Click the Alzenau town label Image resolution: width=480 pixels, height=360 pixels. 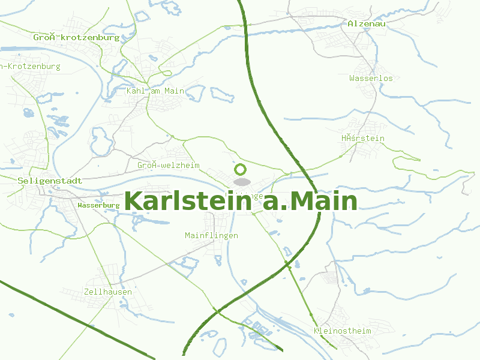pyautogui.click(x=366, y=23)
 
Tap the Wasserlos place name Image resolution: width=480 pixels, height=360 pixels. pyautogui.click(x=371, y=78)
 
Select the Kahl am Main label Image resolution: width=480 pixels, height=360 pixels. pyautogui.click(x=155, y=91)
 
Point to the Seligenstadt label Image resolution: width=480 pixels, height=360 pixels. pyautogui.click(x=50, y=180)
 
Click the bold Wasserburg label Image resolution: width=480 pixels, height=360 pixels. pyautogui.click(x=98, y=205)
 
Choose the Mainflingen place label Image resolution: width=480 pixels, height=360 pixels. pyautogui.click(x=211, y=235)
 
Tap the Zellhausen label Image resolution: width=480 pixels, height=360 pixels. pyautogui.click(x=108, y=292)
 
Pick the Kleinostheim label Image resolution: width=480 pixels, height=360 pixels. pyautogui.click(x=342, y=331)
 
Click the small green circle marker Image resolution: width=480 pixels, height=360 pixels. pyautogui.click(x=241, y=169)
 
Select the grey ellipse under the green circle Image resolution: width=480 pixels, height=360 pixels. pyautogui.click(x=241, y=181)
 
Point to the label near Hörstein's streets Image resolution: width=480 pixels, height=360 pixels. pyautogui.click(x=363, y=139)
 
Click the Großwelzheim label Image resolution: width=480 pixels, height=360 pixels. pyautogui.click(x=168, y=165)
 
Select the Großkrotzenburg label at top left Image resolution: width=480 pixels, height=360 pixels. pyautogui.click(x=76, y=37)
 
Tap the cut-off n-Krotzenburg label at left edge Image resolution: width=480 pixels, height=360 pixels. pyautogui.click(x=31, y=66)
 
